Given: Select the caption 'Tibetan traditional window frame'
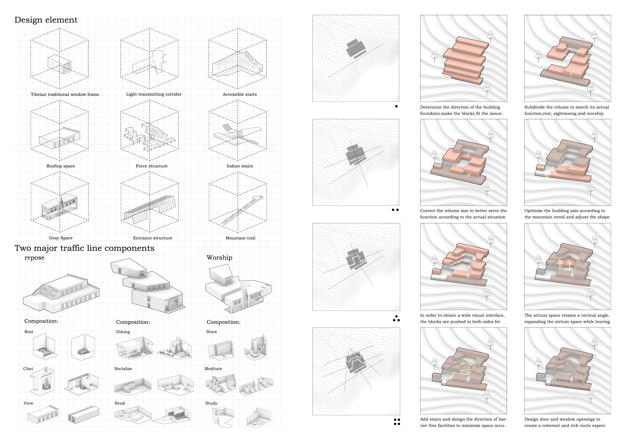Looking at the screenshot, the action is click(65, 94).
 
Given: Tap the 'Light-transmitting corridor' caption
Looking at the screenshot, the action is click(154, 94).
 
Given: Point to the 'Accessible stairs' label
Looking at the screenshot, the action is click(240, 94).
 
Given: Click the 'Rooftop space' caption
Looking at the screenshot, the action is click(61, 166).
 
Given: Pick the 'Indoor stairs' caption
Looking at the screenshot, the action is click(240, 166).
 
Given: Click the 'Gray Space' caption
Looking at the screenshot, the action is click(61, 238).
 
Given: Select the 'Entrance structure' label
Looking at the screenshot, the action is click(153, 238).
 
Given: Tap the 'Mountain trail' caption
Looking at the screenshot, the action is click(241, 238).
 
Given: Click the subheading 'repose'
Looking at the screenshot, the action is click(34, 258).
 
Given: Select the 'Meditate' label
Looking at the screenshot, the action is click(213, 368).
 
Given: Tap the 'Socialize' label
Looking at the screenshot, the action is click(123, 368).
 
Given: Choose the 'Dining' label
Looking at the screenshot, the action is click(123, 332).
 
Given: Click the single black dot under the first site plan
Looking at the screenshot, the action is click(396, 106).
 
